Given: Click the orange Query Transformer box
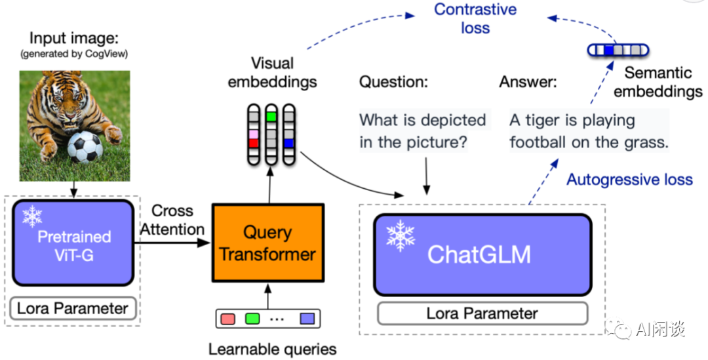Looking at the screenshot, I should (267, 243).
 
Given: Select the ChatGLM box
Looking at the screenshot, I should (482, 254).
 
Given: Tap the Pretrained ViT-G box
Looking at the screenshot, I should (73, 243).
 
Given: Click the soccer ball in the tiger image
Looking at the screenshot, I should (85, 148).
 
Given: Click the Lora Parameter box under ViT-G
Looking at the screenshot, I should (73, 308).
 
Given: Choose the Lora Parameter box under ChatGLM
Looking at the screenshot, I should (482, 313).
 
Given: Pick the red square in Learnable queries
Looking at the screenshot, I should (227, 319).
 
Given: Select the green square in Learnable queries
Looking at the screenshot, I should (252, 319).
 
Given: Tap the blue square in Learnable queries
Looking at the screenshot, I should (307, 319).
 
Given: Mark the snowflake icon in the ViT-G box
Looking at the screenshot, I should (32, 216).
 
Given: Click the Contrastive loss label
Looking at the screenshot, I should (475, 18).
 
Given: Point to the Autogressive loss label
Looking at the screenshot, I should (629, 180).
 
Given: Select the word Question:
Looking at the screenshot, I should (393, 83).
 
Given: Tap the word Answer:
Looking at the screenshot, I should (528, 83).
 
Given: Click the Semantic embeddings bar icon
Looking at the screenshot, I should (617, 50).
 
